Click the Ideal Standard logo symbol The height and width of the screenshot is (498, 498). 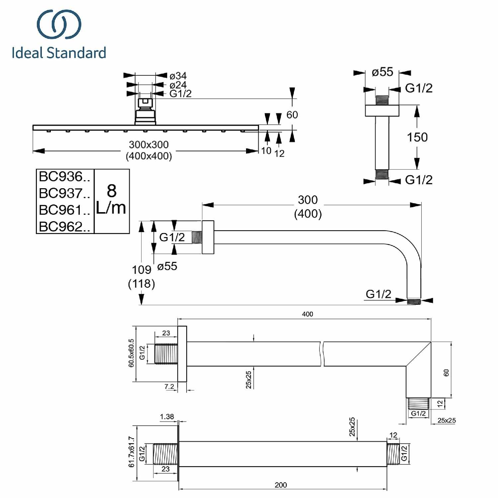(59, 24)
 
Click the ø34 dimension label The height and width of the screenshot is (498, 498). (178, 76)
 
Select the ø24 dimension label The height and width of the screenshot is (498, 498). (178, 85)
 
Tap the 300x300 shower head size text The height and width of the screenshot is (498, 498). (149, 145)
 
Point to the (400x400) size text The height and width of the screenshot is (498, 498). (149, 156)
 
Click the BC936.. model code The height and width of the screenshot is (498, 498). (64, 177)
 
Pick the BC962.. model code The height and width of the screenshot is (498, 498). (64, 227)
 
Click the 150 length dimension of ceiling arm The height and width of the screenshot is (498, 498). (417, 137)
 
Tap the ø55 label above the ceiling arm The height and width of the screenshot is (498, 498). (382, 72)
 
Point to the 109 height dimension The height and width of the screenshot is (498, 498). (141, 270)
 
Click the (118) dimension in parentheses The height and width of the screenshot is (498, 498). (141, 284)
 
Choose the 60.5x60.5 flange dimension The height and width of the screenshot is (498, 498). (131, 353)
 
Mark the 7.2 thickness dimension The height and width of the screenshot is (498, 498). (169, 386)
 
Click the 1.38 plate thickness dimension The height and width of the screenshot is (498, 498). (167, 417)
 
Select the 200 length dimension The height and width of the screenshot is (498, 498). (281, 485)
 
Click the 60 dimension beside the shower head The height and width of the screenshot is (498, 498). (292, 115)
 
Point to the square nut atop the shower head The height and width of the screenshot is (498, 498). (145, 101)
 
